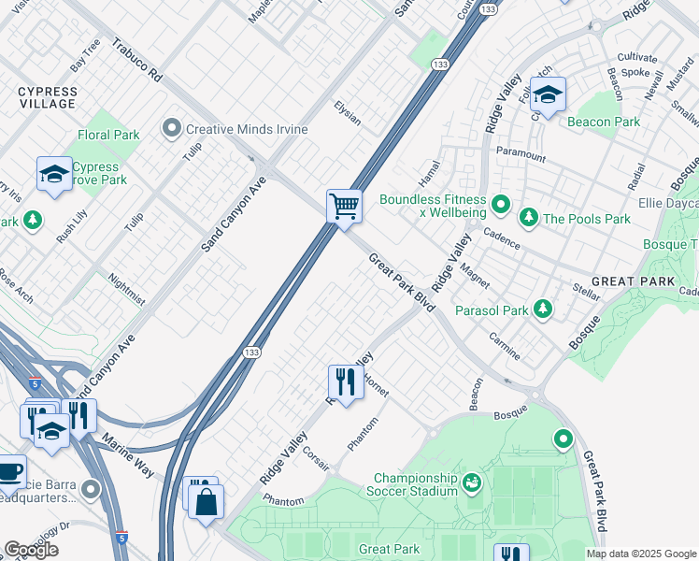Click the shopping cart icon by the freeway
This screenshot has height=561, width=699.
coord(344,206)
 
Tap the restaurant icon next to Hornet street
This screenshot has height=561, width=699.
coord(345,381)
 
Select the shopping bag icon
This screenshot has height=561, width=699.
coord(205,500)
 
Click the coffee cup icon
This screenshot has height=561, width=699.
coord(10,471)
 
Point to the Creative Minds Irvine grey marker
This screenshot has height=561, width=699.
coord(172,128)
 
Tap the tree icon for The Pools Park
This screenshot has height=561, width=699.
coord(529,219)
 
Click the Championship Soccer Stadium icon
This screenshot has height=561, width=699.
coord(473,482)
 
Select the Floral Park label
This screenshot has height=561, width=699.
coord(109,135)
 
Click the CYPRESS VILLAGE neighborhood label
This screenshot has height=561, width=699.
coord(47,97)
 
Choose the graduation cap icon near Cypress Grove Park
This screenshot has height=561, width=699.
coord(54,173)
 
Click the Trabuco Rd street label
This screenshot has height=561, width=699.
coord(137,59)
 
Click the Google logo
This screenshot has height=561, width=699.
coord(31,550)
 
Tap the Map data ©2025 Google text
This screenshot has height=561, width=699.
coord(641,554)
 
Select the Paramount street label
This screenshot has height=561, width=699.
coord(521,154)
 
